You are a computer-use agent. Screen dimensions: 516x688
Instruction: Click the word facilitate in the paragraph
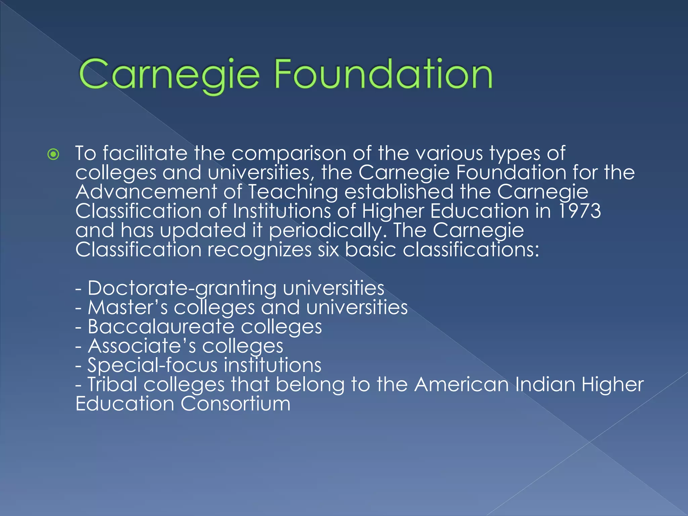point(145,153)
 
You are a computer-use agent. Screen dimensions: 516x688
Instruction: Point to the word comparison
point(289,154)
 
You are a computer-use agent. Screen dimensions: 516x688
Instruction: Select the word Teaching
point(293,192)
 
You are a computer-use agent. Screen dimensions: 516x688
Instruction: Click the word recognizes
point(259,250)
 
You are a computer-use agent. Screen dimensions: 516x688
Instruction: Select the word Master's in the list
point(128,307)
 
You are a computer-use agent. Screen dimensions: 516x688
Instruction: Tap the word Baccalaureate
point(161,327)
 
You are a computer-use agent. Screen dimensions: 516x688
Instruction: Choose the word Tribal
point(113,384)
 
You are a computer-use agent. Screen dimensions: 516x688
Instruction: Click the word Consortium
point(235,403)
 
